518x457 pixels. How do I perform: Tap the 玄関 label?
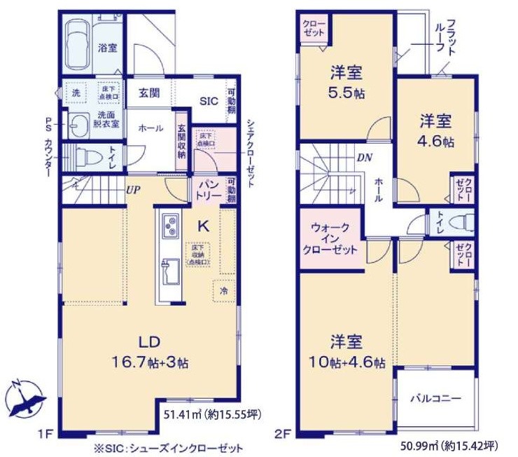coord(148,93)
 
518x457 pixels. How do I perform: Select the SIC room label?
coord(209,101)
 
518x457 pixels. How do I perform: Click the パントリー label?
coord(209,189)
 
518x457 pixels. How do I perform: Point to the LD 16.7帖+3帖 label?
coord(149,354)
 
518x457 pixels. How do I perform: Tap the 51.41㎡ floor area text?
coord(212,415)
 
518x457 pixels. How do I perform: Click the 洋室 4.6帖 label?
coord(437,130)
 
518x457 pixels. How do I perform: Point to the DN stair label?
coord(364,157)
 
